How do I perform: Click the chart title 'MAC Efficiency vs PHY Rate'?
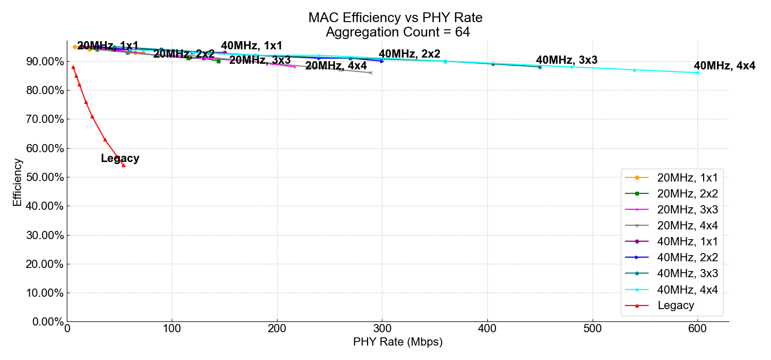[x=395, y=18]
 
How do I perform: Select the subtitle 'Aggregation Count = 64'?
[x=397, y=32]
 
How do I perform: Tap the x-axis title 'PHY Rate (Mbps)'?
[x=397, y=342]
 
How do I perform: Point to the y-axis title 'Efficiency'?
[x=17, y=183]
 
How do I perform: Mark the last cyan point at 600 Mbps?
[x=697, y=73]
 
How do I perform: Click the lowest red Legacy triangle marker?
[x=123, y=166]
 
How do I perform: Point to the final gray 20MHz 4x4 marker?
[x=371, y=73]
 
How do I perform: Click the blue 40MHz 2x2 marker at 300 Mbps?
[x=382, y=61]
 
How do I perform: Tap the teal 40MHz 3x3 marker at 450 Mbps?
[x=540, y=67]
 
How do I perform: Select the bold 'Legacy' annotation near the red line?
[x=120, y=158]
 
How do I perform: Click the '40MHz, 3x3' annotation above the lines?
[x=566, y=60]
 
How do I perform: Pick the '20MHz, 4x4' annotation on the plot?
[x=336, y=66]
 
